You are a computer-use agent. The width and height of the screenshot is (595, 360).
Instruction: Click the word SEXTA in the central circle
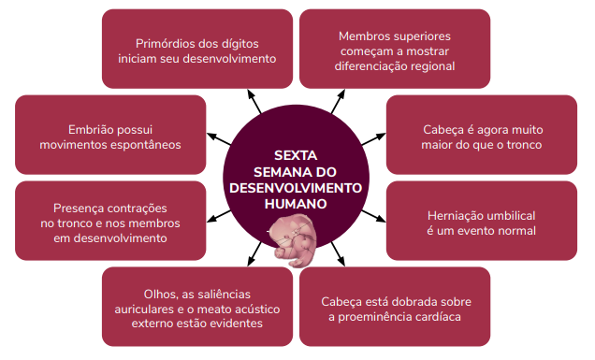pos(296,155)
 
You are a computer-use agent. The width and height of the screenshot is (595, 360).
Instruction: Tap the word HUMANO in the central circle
pos(296,202)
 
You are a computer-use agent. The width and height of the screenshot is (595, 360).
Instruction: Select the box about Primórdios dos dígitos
pos(197,49)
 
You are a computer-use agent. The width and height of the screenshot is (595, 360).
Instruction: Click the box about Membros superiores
pos(394,49)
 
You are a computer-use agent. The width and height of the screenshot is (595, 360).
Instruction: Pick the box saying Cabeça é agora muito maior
pos(481,136)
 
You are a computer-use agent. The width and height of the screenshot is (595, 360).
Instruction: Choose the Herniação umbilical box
pos(481,222)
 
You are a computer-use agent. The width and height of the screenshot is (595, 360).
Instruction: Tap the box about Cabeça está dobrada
pos(394,307)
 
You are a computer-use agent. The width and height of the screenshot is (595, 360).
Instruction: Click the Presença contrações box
pos(110,222)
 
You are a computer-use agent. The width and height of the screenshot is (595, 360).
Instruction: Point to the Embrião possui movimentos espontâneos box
pos(110,136)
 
